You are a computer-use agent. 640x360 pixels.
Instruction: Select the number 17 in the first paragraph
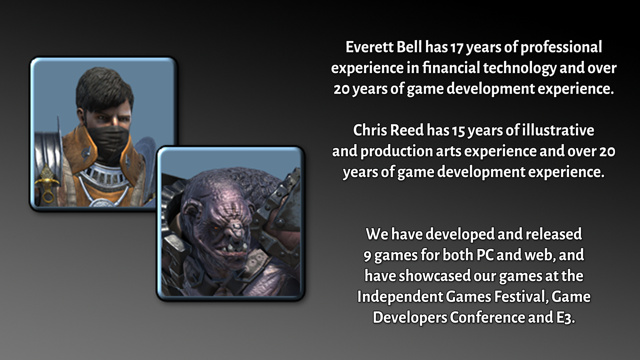456,48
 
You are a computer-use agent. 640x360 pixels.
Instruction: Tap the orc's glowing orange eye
217,227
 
